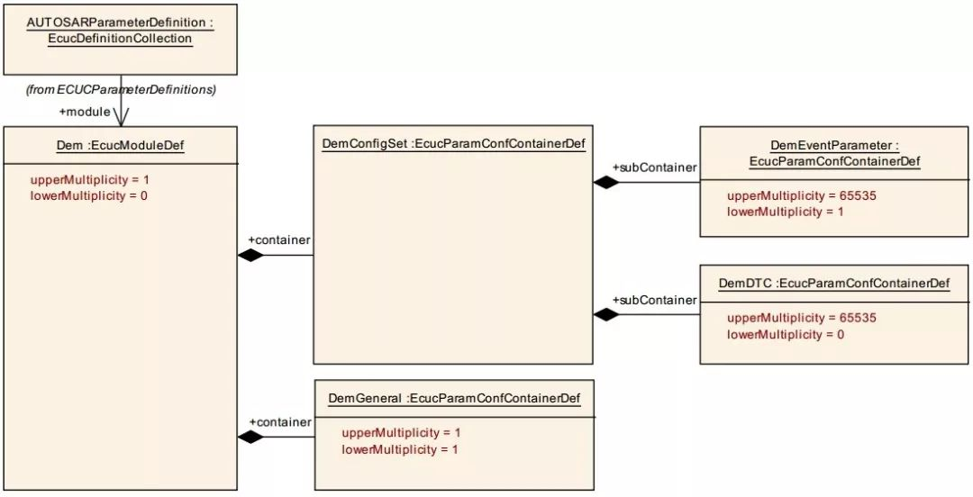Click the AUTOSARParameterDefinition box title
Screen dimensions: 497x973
pyautogui.click(x=120, y=31)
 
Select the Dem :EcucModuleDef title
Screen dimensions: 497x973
pyautogui.click(x=120, y=146)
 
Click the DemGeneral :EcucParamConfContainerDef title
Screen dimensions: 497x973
pyautogui.click(x=454, y=398)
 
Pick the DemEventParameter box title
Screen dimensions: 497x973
pyautogui.click(x=834, y=153)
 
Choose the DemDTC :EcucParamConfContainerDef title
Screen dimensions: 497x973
pyautogui.click(x=834, y=284)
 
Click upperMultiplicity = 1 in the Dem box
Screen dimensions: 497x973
pyautogui.click(x=90, y=179)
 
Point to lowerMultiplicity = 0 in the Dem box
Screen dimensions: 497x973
pyautogui.click(x=88, y=195)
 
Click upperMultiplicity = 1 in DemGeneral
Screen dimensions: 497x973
pyautogui.click(x=401, y=432)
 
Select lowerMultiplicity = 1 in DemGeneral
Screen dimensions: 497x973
pyautogui.click(x=400, y=448)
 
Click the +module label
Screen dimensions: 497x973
pyautogui.click(x=85, y=112)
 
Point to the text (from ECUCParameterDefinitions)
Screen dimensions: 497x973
pyautogui.click(x=120, y=90)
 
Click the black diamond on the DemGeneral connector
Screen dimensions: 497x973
pyautogui.click(x=250, y=437)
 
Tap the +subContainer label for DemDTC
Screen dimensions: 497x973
pyautogui.click(x=654, y=300)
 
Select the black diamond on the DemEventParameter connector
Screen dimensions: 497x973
pyautogui.click(x=606, y=182)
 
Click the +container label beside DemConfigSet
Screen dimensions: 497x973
pyautogui.click(x=279, y=239)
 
